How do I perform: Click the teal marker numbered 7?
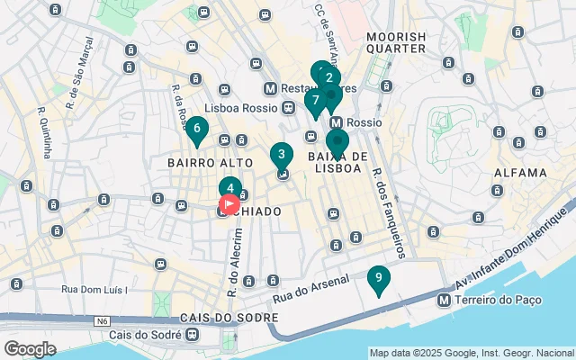[315, 102]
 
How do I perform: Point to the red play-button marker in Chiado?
[229, 204]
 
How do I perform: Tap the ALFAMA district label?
[520, 172]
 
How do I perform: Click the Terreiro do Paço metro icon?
[444, 300]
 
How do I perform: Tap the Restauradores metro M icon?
[270, 89]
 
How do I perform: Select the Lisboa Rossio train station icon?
[287, 108]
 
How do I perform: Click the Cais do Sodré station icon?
[192, 334]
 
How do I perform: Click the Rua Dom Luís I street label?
[94, 289]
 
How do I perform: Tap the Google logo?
[31, 348]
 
